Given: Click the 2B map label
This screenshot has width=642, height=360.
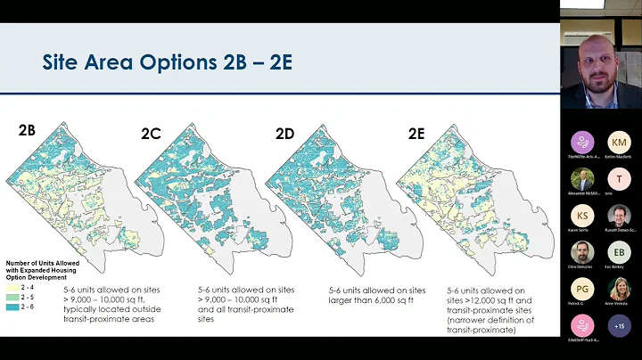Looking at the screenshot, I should pyautogui.click(x=27, y=129).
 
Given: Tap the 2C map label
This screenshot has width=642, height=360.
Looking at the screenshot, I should pyautogui.click(x=152, y=135).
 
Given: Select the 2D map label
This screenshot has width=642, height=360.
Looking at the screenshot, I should pyautogui.click(x=284, y=135).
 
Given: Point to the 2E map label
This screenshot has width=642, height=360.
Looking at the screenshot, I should pyautogui.click(x=416, y=135).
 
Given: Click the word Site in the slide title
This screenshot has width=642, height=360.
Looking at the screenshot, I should pyautogui.click(x=63, y=64).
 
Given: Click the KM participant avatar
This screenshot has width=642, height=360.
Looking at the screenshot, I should pyautogui.click(x=619, y=143).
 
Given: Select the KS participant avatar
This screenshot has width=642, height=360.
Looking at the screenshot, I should pyautogui.click(x=581, y=216).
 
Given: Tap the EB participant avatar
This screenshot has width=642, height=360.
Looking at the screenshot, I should pyautogui.click(x=619, y=252).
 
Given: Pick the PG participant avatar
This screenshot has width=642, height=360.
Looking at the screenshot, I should pyautogui.click(x=581, y=289).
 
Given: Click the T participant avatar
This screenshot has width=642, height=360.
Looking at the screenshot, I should pyautogui.click(x=619, y=179).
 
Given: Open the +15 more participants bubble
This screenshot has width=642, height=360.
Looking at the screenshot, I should pyautogui.click(x=619, y=325).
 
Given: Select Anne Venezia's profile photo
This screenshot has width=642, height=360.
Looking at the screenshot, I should pyautogui.click(x=619, y=289).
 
